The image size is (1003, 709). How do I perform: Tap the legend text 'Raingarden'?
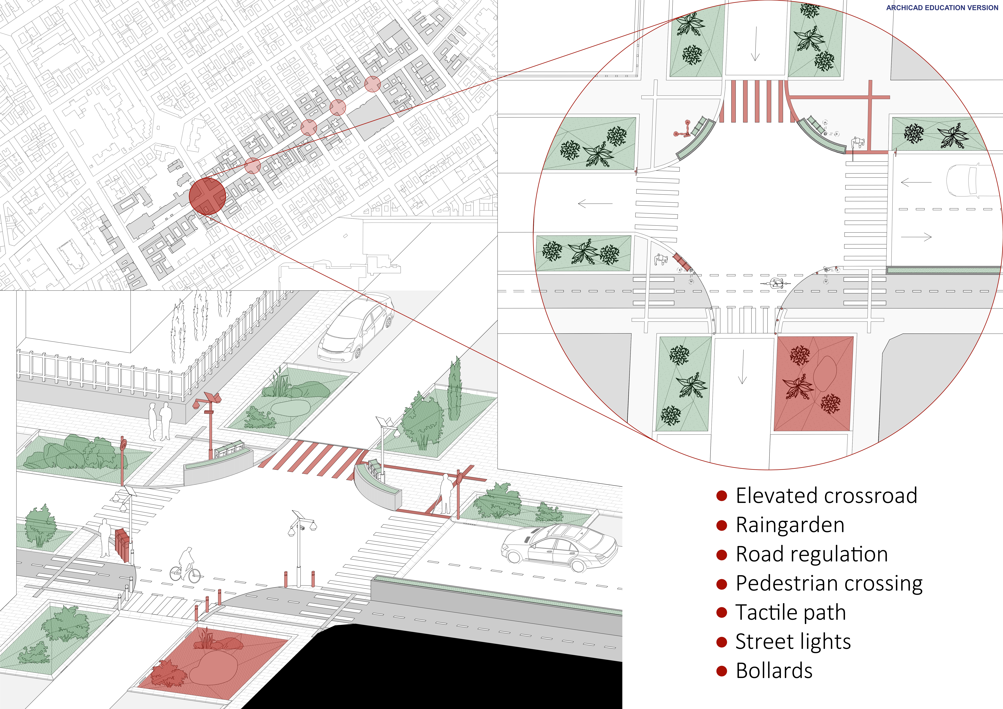click(790, 525)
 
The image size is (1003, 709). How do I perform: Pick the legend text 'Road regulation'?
click(812, 554)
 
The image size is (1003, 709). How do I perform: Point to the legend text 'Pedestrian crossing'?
click(829, 584)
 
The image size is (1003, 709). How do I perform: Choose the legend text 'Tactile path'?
click(791, 612)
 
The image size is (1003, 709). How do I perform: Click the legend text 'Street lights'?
click(793, 642)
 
